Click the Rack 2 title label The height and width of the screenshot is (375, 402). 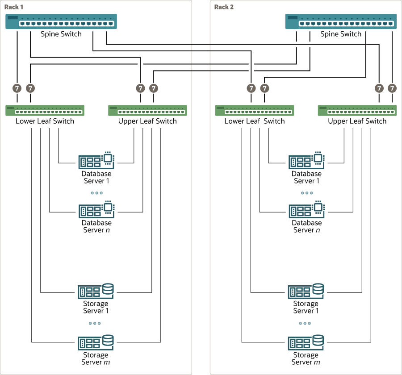[x=224, y=7]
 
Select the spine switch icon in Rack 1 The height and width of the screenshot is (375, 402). [x=61, y=21]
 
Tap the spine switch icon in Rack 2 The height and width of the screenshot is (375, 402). [x=341, y=21]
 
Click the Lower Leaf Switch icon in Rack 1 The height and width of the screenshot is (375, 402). [x=45, y=110]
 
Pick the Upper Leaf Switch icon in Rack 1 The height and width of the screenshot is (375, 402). [x=147, y=110]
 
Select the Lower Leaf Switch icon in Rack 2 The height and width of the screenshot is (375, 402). [x=255, y=110]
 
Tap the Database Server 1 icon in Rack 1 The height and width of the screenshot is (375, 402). [x=96, y=160]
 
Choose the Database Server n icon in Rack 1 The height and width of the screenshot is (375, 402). [x=96, y=209]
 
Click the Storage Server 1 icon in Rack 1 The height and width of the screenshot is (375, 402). [x=96, y=291]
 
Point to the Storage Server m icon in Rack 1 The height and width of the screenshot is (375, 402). [x=96, y=342]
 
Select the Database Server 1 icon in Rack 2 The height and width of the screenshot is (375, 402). [x=306, y=160]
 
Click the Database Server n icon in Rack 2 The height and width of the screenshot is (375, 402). [x=306, y=209]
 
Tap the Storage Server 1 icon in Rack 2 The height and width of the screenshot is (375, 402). [x=306, y=291]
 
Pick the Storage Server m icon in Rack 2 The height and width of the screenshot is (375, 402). [x=306, y=342]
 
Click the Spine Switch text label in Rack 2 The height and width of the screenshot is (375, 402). [x=341, y=34]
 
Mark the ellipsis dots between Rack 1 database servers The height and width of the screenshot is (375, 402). [x=96, y=193]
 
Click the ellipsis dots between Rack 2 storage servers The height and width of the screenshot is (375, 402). [x=306, y=323]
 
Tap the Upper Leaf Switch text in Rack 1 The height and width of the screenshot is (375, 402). [x=147, y=121]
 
